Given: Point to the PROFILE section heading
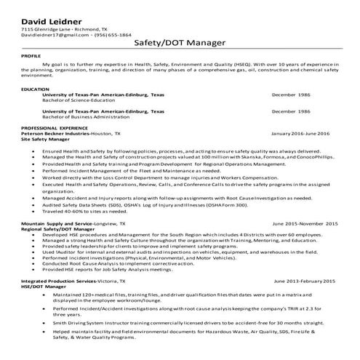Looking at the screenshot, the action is tap(31, 55).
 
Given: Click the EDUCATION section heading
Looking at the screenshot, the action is tap(36, 89).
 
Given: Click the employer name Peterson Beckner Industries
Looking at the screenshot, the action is tap(57, 135).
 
